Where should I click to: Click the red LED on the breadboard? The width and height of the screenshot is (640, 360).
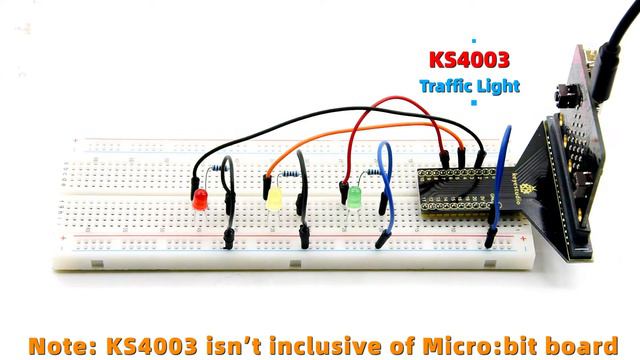pyautogui.click(x=199, y=199)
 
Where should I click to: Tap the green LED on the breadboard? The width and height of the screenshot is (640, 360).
pyautogui.click(x=354, y=197)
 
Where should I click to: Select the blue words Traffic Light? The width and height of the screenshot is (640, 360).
pyautogui.click(x=469, y=86)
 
